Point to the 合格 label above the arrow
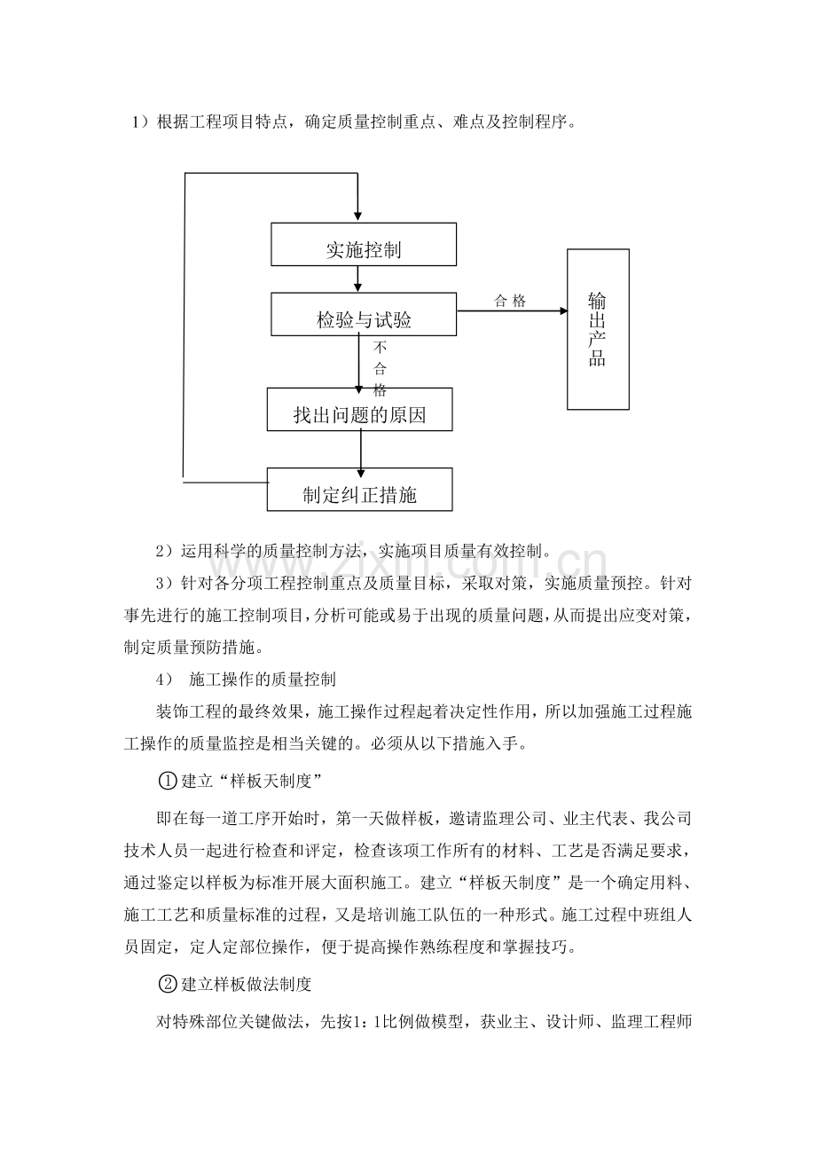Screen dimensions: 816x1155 coord(510,301)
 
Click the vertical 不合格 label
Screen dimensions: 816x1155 coord(380,369)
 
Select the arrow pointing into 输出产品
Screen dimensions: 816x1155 coord(512,310)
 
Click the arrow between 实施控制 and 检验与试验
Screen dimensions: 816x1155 coord(357,279)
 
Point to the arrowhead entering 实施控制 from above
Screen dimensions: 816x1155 coord(357,217)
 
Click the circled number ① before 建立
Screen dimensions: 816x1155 coord(168,781)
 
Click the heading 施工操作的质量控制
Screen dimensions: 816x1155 coord(263,680)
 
